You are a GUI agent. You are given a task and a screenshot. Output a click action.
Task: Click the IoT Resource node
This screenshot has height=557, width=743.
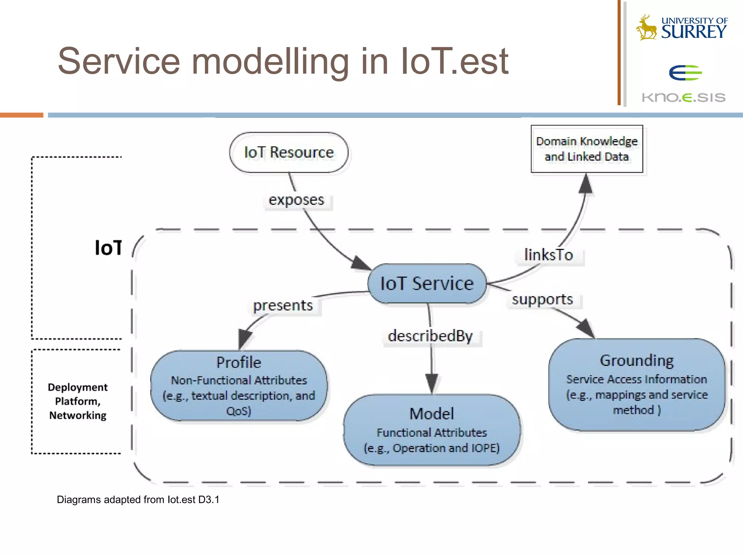point(289,152)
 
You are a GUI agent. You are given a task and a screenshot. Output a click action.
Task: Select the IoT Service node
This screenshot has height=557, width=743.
point(427,284)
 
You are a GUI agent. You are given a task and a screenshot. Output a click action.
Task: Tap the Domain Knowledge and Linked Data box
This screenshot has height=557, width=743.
point(587,149)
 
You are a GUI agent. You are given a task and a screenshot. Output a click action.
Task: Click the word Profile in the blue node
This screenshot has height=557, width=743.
point(239,362)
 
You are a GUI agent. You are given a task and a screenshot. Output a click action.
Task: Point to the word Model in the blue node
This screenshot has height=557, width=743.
point(431,414)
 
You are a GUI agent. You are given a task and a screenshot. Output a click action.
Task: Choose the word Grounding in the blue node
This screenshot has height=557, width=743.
point(637,360)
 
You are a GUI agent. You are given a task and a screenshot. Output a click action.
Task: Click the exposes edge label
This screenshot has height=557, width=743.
point(296,200)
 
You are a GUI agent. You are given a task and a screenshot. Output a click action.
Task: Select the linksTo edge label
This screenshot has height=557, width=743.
point(549,255)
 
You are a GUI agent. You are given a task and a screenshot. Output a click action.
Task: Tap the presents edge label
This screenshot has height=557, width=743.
point(283,305)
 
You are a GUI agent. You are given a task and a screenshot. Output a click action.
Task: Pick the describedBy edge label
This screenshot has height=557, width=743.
point(431,336)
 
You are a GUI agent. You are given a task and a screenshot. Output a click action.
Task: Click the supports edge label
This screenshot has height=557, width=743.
point(542,300)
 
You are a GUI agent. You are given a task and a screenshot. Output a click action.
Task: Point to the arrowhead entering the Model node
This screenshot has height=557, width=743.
point(432,383)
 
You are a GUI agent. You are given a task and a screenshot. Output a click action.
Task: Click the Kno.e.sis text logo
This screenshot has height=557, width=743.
point(684,97)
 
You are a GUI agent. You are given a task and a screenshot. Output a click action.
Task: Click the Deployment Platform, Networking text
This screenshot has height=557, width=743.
point(78,401)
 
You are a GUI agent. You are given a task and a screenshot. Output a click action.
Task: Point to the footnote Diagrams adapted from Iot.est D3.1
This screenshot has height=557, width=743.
point(138,500)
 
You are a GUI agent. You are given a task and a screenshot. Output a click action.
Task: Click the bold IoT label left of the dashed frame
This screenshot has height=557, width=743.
point(108,248)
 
